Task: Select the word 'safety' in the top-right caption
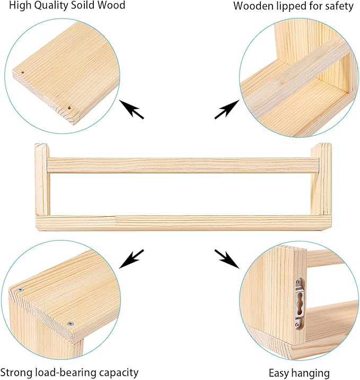pos(338,6)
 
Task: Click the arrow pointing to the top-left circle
pos(131,109)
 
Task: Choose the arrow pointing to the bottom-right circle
pos(227,258)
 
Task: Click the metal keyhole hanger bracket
pos(298,303)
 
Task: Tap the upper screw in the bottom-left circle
pos(20,290)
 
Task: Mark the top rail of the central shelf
pos(180,165)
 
